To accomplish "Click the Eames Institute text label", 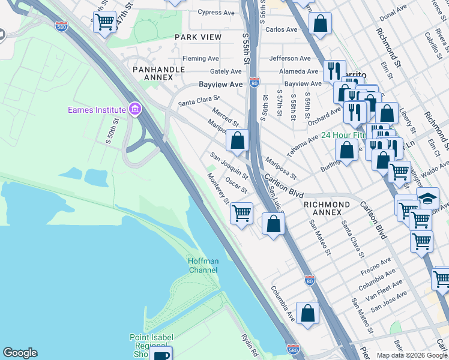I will (97, 110).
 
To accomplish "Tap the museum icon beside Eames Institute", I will (135, 109).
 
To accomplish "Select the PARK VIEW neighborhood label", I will (198, 37).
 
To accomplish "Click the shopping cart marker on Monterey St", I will (241, 213).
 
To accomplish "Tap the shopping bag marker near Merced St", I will (238, 141).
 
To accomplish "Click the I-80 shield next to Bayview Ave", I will (255, 85).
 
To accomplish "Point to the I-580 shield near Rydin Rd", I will (292, 349).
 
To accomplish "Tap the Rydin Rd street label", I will (249, 344).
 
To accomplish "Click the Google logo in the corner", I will (20, 353).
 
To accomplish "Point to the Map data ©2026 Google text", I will (411, 355).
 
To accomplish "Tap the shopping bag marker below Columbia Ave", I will (307, 313).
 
